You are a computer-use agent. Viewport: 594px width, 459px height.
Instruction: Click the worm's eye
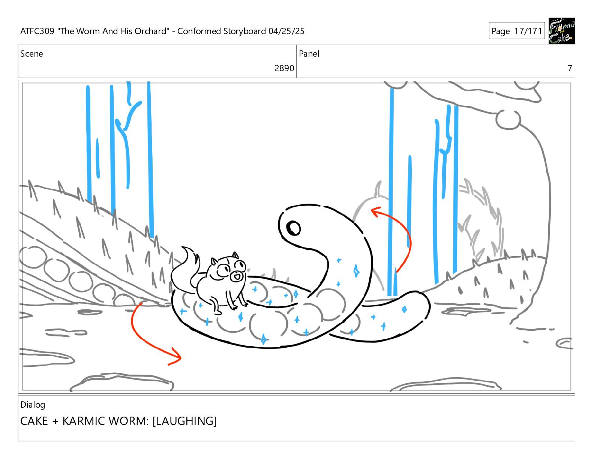coord(293,228)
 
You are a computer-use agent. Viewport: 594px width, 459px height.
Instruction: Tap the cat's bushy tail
coord(184,271)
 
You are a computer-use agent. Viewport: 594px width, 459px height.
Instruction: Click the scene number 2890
coord(284,68)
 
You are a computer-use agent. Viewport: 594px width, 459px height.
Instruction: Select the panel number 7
coord(570,68)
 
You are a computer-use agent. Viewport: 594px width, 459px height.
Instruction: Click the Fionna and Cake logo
coord(561,31)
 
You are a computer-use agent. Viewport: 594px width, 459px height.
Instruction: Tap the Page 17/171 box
coord(517,31)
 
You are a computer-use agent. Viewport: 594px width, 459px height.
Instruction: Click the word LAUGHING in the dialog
coord(184,421)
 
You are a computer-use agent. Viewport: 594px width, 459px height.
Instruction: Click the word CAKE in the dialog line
coord(34,421)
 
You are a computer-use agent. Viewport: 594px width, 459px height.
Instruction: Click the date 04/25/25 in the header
coord(286,31)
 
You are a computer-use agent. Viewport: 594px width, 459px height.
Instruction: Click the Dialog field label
coord(33,405)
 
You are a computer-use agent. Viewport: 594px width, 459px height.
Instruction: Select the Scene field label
coord(31,54)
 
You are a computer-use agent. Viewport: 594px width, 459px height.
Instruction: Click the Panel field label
coord(309,54)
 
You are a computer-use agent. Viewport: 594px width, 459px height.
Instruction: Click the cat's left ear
coord(214,261)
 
